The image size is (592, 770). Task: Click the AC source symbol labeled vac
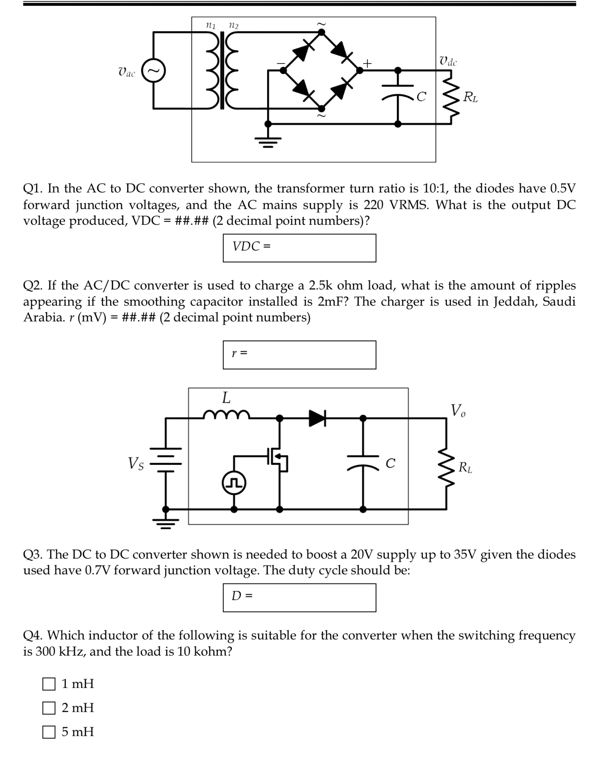coord(154,71)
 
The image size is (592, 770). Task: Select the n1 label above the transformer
coord(211,25)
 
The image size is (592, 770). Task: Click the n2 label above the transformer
coord(234,25)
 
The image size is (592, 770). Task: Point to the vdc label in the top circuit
coord(448,61)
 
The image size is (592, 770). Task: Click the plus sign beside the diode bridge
coord(367,63)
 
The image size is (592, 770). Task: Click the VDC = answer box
coord(299,248)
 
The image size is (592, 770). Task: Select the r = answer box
coord(299,355)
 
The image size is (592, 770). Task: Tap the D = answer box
coord(299,598)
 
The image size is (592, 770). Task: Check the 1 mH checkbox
coord(49,684)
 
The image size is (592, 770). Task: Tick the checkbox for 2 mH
coord(49,708)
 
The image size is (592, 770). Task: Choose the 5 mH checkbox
coord(49,732)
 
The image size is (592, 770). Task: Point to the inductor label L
coord(226,398)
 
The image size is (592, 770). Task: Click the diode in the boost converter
coord(318,418)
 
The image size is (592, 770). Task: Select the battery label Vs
coord(136,463)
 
